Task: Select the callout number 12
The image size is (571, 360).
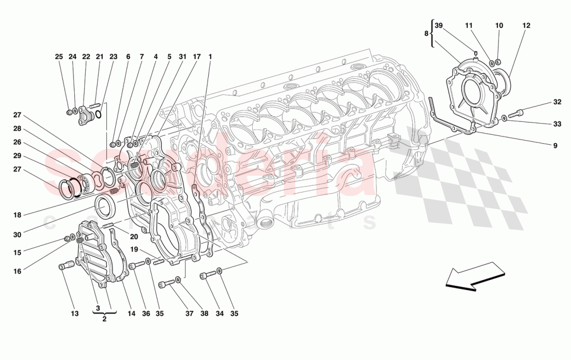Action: pos(526,25)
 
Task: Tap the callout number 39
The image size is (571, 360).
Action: pos(439,25)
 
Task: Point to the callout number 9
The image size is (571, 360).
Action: pos(555,146)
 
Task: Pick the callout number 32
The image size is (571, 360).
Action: pos(558,102)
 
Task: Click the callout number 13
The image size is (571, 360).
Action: pos(75,314)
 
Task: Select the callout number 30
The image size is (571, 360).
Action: pos(17,234)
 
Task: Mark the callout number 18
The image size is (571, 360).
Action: pos(17,214)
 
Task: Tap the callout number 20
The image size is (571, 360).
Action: pos(134,237)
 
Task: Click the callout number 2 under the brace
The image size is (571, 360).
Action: pos(104,319)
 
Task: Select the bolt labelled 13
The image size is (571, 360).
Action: pos(65,267)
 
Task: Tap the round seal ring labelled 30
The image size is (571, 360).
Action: pos(106,206)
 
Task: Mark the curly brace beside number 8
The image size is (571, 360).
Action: pos(432,33)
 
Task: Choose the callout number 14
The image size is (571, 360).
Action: pos(131,314)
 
